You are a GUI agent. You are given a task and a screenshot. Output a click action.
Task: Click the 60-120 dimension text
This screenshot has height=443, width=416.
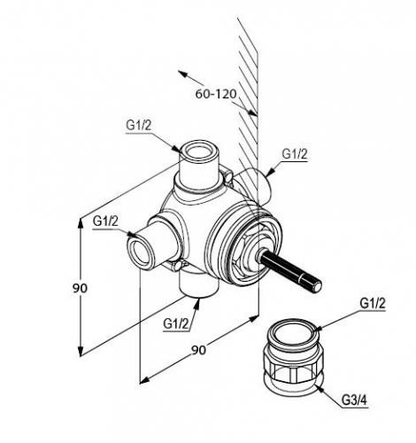pos(216,94)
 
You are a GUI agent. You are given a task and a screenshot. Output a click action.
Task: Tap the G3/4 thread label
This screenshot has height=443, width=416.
pos(354,400)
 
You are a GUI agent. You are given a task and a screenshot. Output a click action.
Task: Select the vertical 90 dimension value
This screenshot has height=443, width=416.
pos(80,288)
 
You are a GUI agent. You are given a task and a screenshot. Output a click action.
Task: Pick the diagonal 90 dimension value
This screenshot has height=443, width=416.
pos(198,350)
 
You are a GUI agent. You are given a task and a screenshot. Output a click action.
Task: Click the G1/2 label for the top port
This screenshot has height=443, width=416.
pos(139,126)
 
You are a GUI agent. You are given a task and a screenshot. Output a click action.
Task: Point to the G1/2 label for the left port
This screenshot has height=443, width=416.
pos(105,221)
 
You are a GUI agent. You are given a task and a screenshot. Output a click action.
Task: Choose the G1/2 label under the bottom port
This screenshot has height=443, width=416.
pos(176,324)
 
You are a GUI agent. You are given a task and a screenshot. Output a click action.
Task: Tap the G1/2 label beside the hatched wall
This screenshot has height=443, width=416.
pos(295,154)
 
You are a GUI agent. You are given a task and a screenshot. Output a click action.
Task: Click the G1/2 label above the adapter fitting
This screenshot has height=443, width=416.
pos(373,303)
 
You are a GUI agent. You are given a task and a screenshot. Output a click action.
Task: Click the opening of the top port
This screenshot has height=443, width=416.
pos(199,152)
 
